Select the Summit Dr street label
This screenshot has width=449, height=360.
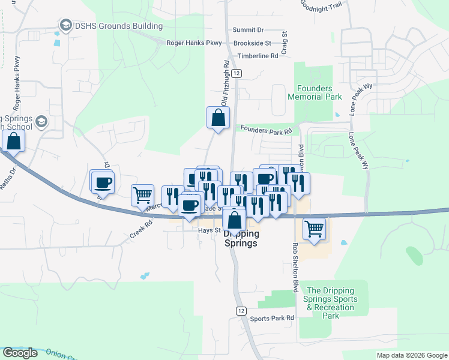click(248, 29)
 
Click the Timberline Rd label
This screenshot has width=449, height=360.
click(258, 56)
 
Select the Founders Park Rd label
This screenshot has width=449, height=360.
click(267, 129)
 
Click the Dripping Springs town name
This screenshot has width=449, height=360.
click(241, 239)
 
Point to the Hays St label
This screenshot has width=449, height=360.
click(205, 229)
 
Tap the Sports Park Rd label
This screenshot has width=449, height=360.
click(273, 318)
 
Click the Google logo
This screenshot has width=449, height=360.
click(20, 353)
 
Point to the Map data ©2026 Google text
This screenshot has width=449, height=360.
click(412, 355)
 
